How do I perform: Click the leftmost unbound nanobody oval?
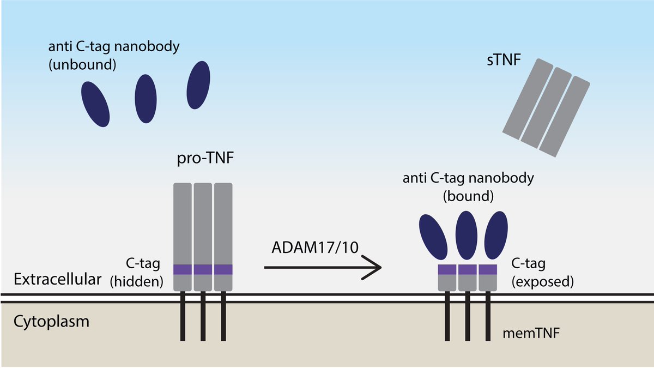(95, 104)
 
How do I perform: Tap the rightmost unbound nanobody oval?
(198, 85)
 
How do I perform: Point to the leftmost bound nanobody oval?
(434, 237)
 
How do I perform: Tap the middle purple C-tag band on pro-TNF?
(203, 269)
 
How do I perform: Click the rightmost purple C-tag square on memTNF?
(488, 269)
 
